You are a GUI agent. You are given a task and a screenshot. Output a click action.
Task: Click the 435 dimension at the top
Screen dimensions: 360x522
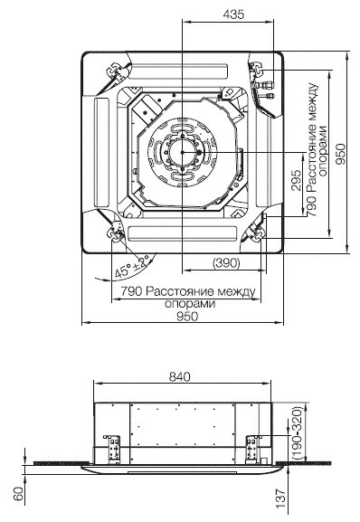233,14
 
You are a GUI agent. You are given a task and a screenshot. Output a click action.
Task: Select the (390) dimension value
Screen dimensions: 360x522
226,263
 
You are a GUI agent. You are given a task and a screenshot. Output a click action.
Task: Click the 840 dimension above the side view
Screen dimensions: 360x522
180,376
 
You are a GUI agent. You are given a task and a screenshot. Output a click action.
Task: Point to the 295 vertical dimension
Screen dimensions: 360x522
296,180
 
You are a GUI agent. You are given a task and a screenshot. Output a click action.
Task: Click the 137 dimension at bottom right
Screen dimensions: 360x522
281,498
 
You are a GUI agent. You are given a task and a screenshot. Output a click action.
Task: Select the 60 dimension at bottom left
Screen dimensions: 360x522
19,493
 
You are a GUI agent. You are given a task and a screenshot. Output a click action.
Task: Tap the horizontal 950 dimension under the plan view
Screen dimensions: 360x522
187,316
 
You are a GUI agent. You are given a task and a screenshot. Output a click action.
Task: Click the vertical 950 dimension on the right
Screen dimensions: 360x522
340,154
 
